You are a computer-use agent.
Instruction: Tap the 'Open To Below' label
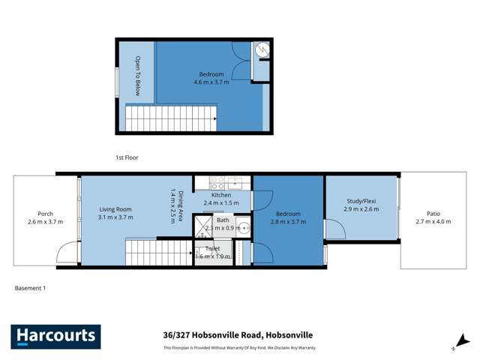[x=138, y=72]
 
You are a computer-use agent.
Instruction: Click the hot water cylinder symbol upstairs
[x=261, y=51]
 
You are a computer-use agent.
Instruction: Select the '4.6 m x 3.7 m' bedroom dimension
[x=210, y=82]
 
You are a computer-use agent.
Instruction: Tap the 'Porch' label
[x=45, y=214]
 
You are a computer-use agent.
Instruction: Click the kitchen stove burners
[x=218, y=181]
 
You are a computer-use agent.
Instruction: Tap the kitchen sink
[x=235, y=181]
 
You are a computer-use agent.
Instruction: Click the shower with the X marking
[x=202, y=226]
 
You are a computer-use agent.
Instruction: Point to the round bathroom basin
[x=243, y=225]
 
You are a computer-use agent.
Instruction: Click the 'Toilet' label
[x=203, y=248]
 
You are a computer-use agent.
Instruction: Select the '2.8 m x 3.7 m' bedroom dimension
[x=288, y=222]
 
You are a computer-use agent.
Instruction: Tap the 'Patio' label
[x=435, y=214]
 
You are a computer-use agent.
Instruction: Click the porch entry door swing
[x=69, y=252]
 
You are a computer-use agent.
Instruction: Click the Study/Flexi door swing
[x=334, y=229]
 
